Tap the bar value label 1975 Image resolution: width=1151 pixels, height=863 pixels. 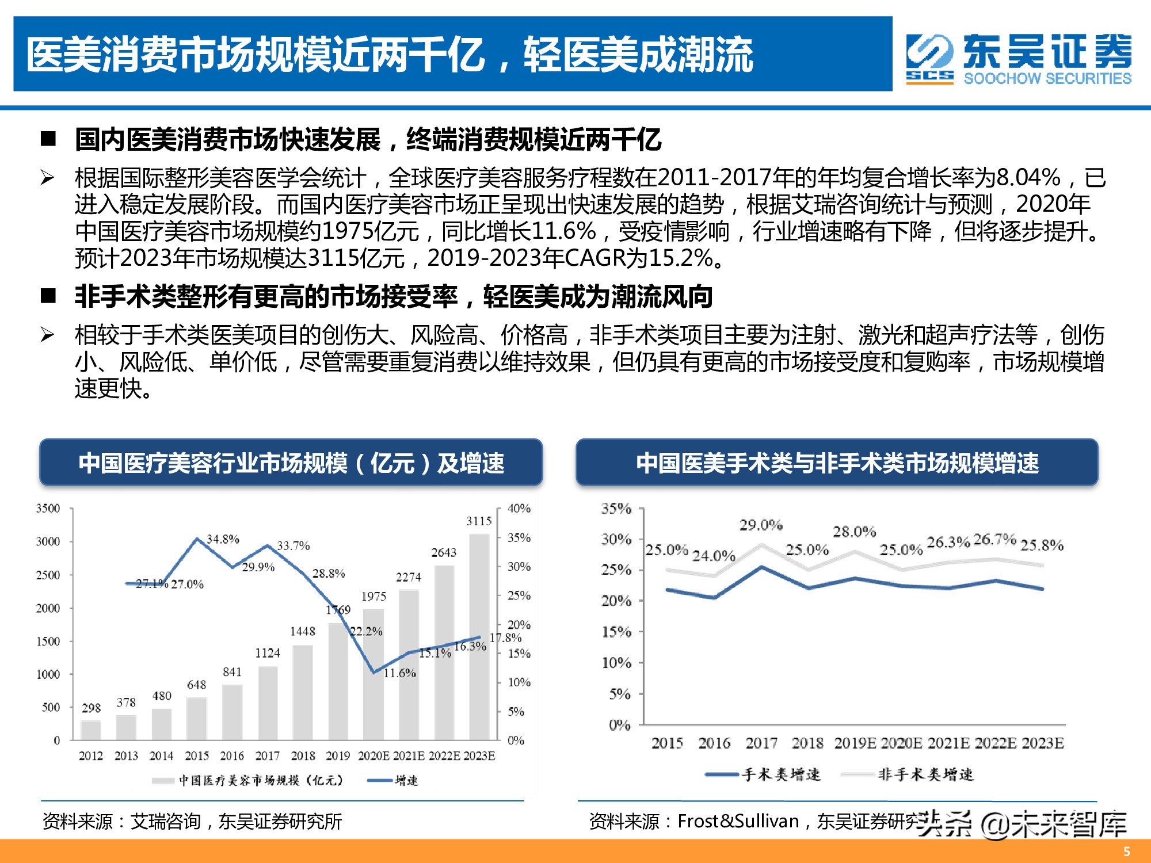click(373, 597)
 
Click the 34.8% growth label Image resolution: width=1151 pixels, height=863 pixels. click(223, 539)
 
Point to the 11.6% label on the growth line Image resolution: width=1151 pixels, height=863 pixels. click(399, 673)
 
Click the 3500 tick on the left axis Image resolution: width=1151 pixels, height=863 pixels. click(48, 509)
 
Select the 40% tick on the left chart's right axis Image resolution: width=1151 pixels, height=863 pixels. click(519, 509)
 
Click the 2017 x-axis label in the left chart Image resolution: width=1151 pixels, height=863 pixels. click(267, 756)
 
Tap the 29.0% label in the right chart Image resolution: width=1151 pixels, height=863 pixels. click(761, 525)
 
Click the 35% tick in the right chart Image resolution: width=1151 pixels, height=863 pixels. click(616, 509)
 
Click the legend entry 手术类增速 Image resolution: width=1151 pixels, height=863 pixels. click(781, 775)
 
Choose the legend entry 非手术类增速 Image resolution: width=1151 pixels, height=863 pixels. click(925, 775)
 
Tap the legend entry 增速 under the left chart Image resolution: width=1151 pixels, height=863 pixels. click(406, 781)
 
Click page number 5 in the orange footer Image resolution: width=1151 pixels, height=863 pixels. click(1126, 851)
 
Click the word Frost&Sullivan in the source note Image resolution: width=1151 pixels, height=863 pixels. click(738, 822)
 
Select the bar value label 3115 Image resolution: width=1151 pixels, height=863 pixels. click(479, 521)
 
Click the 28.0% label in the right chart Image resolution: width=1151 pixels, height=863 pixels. click(854, 532)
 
